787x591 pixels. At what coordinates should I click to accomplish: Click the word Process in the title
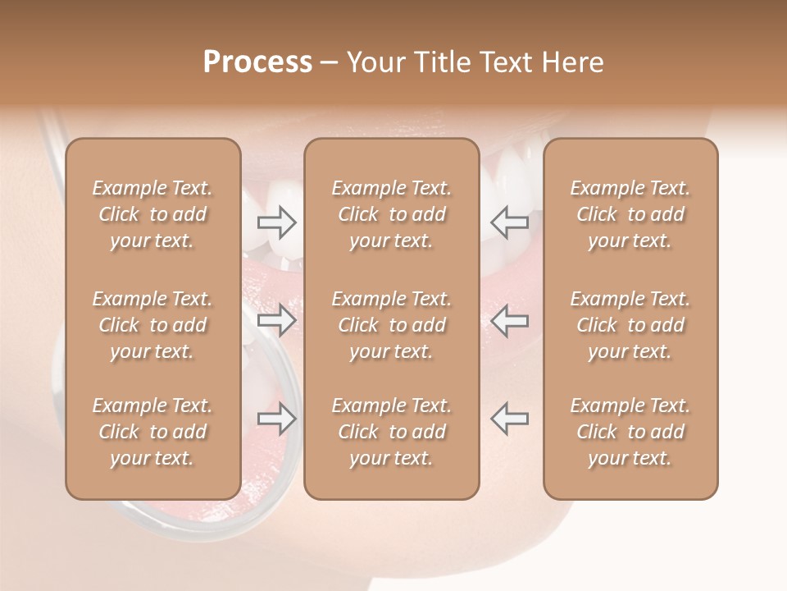point(257,62)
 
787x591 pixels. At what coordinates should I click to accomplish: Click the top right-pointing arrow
point(277,222)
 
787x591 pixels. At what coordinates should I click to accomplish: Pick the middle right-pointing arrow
point(277,320)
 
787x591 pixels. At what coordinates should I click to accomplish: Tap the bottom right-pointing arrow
point(277,419)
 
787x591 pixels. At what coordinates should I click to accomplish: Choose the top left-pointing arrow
point(509,222)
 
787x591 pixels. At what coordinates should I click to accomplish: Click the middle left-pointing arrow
point(509,320)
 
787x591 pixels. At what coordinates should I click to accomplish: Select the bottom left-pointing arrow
point(509,419)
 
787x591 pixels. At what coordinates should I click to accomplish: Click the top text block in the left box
point(152,214)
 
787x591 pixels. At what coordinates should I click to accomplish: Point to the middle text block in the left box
point(152,325)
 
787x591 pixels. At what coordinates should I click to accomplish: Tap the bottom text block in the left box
point(152,432)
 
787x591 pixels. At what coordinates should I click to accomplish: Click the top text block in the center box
point(392,214)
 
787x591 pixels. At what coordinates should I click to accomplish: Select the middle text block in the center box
point(392,325)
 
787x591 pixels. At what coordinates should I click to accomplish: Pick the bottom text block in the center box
point(392,432)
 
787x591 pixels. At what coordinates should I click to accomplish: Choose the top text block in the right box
point(630,214)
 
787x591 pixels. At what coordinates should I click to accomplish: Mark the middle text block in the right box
point(630,325)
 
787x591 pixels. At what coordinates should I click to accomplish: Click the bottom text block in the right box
point(630,432)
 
